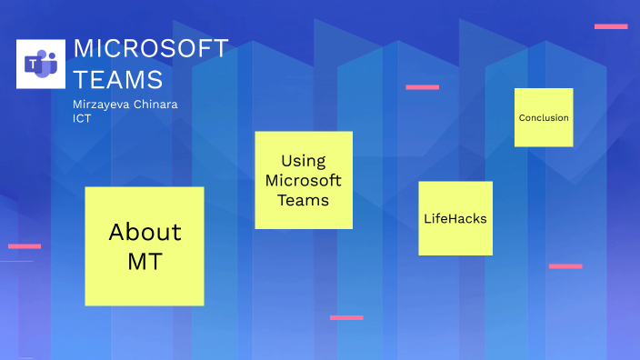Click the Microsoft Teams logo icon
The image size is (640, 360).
[x=41, y=64]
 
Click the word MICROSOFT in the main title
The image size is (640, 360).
[x=150, y=49]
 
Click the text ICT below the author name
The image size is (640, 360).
[x=82, y=118]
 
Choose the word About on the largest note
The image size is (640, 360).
[x=145, y=232]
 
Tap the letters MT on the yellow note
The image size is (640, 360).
[x=145, y=263]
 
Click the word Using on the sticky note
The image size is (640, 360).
[x=303, y=161]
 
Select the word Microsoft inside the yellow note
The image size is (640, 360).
[x=303, y=180]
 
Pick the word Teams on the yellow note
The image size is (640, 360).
[x=303, y=200]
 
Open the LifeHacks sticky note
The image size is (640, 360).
[x=455, y=219]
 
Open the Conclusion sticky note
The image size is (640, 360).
[x=544, y=117]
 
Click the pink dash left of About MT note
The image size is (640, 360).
[x=25, y=245]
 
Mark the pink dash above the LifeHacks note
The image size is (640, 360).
[x=422, y=87]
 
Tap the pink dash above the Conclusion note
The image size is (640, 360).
[x=611, y=26]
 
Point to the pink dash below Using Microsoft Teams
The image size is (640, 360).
[x=346, y=317]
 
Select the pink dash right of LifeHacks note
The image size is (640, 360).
[x=565, y=266]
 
